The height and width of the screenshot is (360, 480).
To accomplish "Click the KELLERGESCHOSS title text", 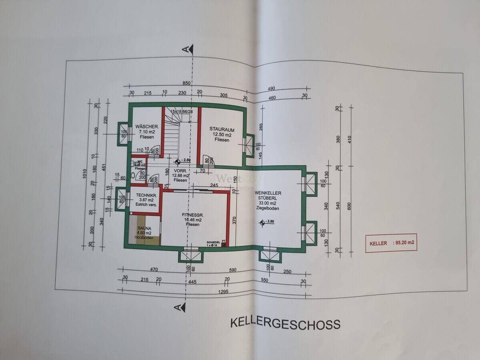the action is (285, 324).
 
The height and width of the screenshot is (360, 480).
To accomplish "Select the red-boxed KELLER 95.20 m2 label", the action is (391, 243).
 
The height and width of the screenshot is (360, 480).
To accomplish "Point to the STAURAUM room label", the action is (222, 129).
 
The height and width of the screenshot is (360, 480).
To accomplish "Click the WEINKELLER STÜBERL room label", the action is (268, 193).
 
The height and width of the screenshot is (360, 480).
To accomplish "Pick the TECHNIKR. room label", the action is (146, 195).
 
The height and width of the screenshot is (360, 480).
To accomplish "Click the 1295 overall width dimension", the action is (224, 291).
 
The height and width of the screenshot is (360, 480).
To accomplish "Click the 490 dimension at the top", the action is (271, 88).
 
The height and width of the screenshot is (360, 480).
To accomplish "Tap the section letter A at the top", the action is (185, 49).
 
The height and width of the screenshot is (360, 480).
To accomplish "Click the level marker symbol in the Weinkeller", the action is (262, 223).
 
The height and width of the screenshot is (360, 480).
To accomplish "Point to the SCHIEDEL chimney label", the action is (213, 242).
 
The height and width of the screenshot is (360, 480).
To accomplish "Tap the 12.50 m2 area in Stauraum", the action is (222, 135).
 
